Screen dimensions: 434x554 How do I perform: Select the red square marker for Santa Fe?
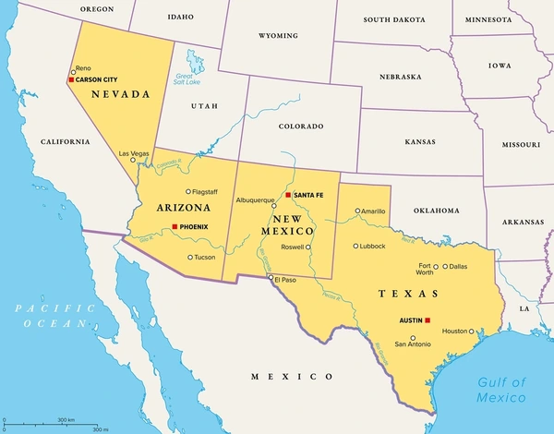click(288, 196)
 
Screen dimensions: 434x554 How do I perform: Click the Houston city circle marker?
click(473, 331)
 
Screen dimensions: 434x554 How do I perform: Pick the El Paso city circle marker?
click(271, 277)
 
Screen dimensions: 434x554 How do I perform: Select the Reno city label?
click(83, 68)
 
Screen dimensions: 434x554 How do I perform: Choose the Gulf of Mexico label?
click(500, 390)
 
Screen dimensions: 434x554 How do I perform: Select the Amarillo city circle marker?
click(357, 211)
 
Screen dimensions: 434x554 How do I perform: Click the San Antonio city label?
click(413, 344)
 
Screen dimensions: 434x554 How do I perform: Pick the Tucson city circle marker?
click(190, 258)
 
